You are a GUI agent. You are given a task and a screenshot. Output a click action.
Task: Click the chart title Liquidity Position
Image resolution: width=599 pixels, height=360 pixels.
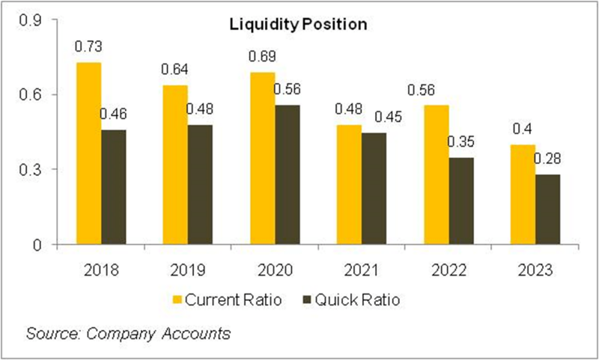tap(297, 25)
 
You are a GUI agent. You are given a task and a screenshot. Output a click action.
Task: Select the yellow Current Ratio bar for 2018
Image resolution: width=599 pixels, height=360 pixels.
tap(89, 153)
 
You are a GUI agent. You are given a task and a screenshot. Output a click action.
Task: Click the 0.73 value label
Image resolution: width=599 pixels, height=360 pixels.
tap(88, 47)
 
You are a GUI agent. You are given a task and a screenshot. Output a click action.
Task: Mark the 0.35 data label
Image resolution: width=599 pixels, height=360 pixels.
tap(460, 141)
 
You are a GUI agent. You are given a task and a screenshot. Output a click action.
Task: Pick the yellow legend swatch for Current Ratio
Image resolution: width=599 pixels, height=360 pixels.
tap(177, 300)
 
